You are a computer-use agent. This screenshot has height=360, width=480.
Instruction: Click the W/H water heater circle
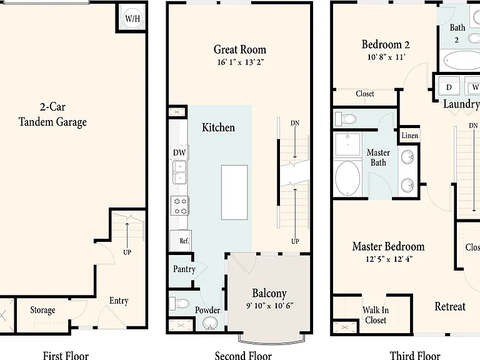[132, 18]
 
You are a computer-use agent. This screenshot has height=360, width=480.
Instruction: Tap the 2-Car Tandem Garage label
[52, 114]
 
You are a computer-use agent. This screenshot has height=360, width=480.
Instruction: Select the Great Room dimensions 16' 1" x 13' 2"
[240, 62]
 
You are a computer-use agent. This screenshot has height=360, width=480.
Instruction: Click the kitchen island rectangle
[234, 192]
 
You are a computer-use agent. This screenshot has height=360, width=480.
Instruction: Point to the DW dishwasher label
[179, 152]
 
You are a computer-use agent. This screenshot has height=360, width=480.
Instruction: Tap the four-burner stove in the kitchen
[180, 206]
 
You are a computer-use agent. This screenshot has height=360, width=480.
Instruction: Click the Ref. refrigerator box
[181, 241]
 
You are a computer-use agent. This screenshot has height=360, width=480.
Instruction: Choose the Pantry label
[184, 269]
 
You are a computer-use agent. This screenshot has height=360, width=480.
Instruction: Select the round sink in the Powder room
[210, 323]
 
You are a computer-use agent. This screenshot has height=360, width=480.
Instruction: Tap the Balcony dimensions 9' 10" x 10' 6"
[270, 306]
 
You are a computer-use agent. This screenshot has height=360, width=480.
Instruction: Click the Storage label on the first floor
[42, 310]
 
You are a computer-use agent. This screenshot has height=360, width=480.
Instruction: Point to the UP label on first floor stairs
[127, 252]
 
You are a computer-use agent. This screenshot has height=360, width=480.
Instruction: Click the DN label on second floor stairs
[295, 123]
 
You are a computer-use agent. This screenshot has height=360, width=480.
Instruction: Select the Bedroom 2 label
[386, 45]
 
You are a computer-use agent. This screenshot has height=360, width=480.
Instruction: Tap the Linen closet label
[409, 135]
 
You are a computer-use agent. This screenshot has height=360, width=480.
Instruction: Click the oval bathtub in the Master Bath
[347, 178]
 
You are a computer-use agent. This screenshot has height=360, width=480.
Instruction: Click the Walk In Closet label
[376, 315]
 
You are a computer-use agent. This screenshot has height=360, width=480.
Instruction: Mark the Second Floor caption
[243, 356]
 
